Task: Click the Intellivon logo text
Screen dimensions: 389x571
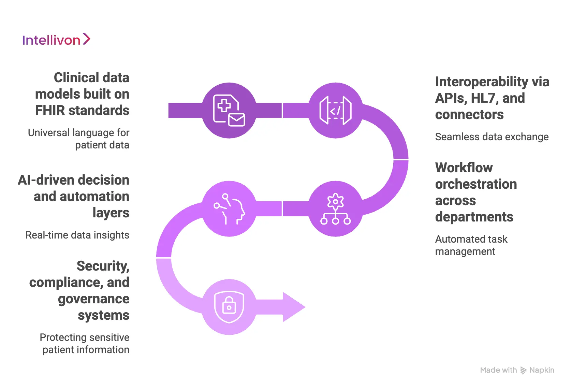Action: click(x=51, y=40)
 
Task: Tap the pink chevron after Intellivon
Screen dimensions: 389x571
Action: click(x=87, y=39)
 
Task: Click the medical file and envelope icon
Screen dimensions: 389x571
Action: click(x=229, y=111)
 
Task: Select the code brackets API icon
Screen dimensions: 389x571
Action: click(x=335, y=111)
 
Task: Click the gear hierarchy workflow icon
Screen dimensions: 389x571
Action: click(x=335, y=208)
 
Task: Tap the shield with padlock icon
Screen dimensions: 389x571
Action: click(x=229, y=306)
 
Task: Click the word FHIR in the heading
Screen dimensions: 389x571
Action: click(x=50, y=111)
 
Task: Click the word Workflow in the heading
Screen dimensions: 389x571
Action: click(x=464, y=168)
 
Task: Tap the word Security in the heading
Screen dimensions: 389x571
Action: click(x=103, y=266)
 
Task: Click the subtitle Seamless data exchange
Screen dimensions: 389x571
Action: click(x=492, y=137)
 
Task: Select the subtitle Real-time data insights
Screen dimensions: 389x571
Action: click(x=77, y=235)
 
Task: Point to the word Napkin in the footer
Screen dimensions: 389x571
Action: click(x=542, y=370)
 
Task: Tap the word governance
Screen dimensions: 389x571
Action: click(x=93, y=299)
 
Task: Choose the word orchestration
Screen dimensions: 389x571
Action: click(x=476, y=184)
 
